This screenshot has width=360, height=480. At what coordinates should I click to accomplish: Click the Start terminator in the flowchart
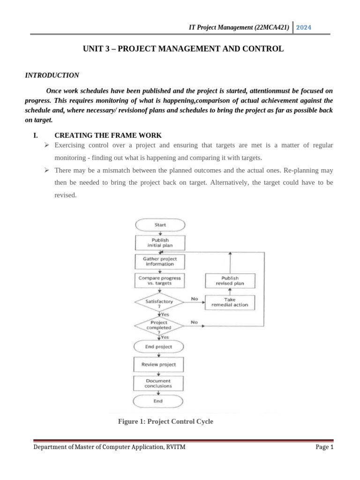tap(160, 225)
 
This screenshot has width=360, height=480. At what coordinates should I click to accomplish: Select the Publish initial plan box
tap(160, 242)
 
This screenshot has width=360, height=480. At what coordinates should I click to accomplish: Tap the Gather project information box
tap(159, 261)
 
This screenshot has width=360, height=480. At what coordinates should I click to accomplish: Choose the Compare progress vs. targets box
tap(159, 280)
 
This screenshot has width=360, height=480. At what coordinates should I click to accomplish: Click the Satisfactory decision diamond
tap(159, 304)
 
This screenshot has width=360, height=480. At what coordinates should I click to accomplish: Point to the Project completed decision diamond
tap(159, 325)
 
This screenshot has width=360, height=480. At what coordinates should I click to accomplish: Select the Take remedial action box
tap(230, 302)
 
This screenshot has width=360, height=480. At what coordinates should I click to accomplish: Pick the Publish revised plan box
tap(230, 281)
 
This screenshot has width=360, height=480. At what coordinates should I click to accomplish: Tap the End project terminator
tap(158, 347)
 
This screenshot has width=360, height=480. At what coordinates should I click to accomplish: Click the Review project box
tap(158, 364)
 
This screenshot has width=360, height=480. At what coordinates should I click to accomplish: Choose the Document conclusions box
tap(158, 383)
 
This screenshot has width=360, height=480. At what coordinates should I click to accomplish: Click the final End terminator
tap(158, 401)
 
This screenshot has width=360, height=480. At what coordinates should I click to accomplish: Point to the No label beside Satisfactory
tap(194, 299)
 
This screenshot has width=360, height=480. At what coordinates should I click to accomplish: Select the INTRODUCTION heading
tap(52, 75)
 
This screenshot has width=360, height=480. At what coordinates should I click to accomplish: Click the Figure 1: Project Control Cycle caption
tap(166, 421)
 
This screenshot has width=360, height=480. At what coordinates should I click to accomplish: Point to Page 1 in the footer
tap(324, 447)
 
